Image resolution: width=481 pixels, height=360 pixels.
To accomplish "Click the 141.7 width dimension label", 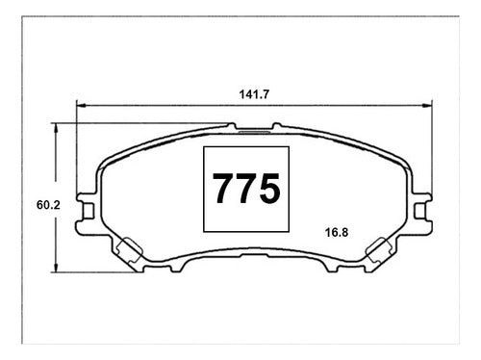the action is point(254,94).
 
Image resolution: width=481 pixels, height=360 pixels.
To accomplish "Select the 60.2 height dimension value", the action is point(48,205).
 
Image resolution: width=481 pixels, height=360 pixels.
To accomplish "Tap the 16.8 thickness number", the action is point(337,232).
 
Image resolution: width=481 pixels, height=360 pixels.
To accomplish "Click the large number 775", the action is point(246,189).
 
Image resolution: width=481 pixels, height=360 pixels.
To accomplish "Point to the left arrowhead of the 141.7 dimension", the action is point(81,105).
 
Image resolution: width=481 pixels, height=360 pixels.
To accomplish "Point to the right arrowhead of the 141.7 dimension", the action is point(427,105).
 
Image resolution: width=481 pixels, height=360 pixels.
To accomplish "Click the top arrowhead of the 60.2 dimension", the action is point(56,128).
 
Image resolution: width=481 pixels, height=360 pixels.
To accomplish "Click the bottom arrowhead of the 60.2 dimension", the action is point(56,268).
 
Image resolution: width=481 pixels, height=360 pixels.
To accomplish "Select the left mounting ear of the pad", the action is point(86,211).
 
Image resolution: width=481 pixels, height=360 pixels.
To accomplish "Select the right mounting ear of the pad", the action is point(422,211).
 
